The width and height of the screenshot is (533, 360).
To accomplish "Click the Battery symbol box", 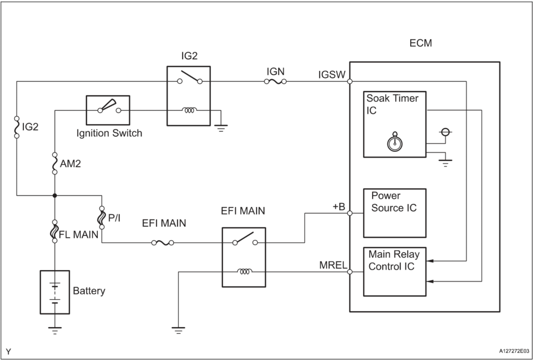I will tap(55, 292).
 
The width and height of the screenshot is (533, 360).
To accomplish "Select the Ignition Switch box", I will tap(107, 110).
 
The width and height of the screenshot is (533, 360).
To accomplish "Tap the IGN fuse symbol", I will tap(275, 81).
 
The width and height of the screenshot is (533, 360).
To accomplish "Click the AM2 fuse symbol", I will tap(55, 163).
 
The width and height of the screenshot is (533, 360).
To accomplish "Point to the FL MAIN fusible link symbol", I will tap(55, 231).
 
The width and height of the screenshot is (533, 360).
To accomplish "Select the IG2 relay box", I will tap(188, 96).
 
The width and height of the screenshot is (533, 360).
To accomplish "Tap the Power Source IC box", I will tap(394, 212).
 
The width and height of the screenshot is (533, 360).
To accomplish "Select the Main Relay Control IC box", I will tap(394, 271).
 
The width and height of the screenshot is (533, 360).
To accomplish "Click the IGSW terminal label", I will tap(332, 74).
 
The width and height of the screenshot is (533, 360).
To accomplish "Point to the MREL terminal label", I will tap(332, 264).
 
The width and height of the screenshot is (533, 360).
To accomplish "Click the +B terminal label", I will tap(339, 206).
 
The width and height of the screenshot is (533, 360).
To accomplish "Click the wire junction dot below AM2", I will tap(55, 196).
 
